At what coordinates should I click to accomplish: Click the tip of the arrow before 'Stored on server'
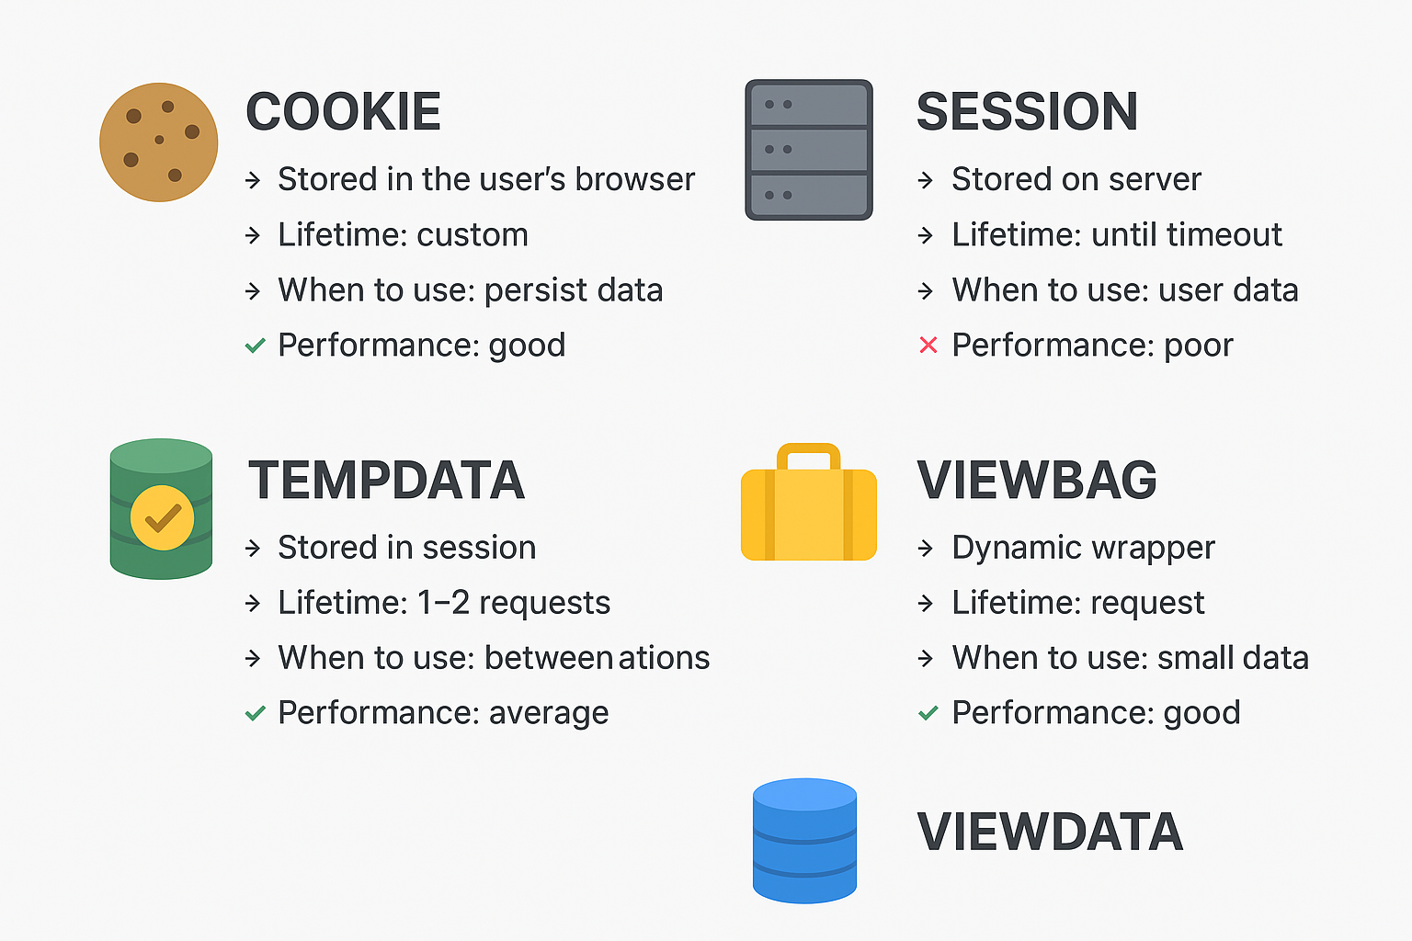coord(933,180)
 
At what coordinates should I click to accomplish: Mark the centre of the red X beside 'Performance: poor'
coord(928,345)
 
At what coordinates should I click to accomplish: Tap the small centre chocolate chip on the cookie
coord(159,140)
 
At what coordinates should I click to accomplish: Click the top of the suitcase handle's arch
coord(809,445)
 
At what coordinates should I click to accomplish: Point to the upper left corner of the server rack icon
coord(746,80)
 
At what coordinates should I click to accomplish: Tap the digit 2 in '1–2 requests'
coord(461,603)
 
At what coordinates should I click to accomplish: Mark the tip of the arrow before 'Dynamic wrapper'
coord(933,549)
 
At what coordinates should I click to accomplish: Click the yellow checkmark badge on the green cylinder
coord(162,517)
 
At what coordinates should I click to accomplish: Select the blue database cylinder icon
coord(804,841)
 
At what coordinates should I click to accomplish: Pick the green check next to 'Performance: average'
coord(255,713)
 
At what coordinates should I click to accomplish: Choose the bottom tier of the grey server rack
coord(809,195)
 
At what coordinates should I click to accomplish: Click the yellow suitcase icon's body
coord(809,515)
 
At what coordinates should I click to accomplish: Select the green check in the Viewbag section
coord(928,713)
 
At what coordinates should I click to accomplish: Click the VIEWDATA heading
coord(1050,832)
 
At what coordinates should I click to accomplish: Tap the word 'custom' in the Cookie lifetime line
coord(473,235)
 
